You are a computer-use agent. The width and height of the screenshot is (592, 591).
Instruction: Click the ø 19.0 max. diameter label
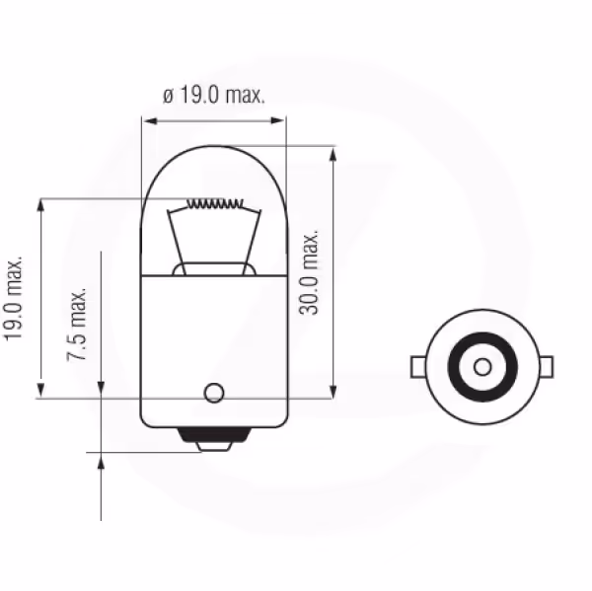tap(214, 95)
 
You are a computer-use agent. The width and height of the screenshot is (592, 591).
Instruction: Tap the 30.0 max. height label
tap(309, 271)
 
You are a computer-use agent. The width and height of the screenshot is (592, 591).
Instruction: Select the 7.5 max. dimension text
tap(77, 325)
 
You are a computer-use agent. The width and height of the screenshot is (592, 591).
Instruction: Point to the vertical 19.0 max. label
tap(13, 299)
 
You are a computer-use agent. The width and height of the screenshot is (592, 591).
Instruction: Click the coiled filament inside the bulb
tap(215, 204)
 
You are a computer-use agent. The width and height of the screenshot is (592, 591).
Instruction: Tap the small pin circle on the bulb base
tap(214, 393)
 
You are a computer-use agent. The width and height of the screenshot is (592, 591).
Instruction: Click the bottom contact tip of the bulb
tap(214, 447)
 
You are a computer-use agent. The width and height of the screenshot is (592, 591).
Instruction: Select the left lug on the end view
tap(418, 367)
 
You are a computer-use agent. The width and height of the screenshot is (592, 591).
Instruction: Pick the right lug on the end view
tap(546, 367)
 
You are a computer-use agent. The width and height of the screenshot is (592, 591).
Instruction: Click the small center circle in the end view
tap(482, 367)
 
